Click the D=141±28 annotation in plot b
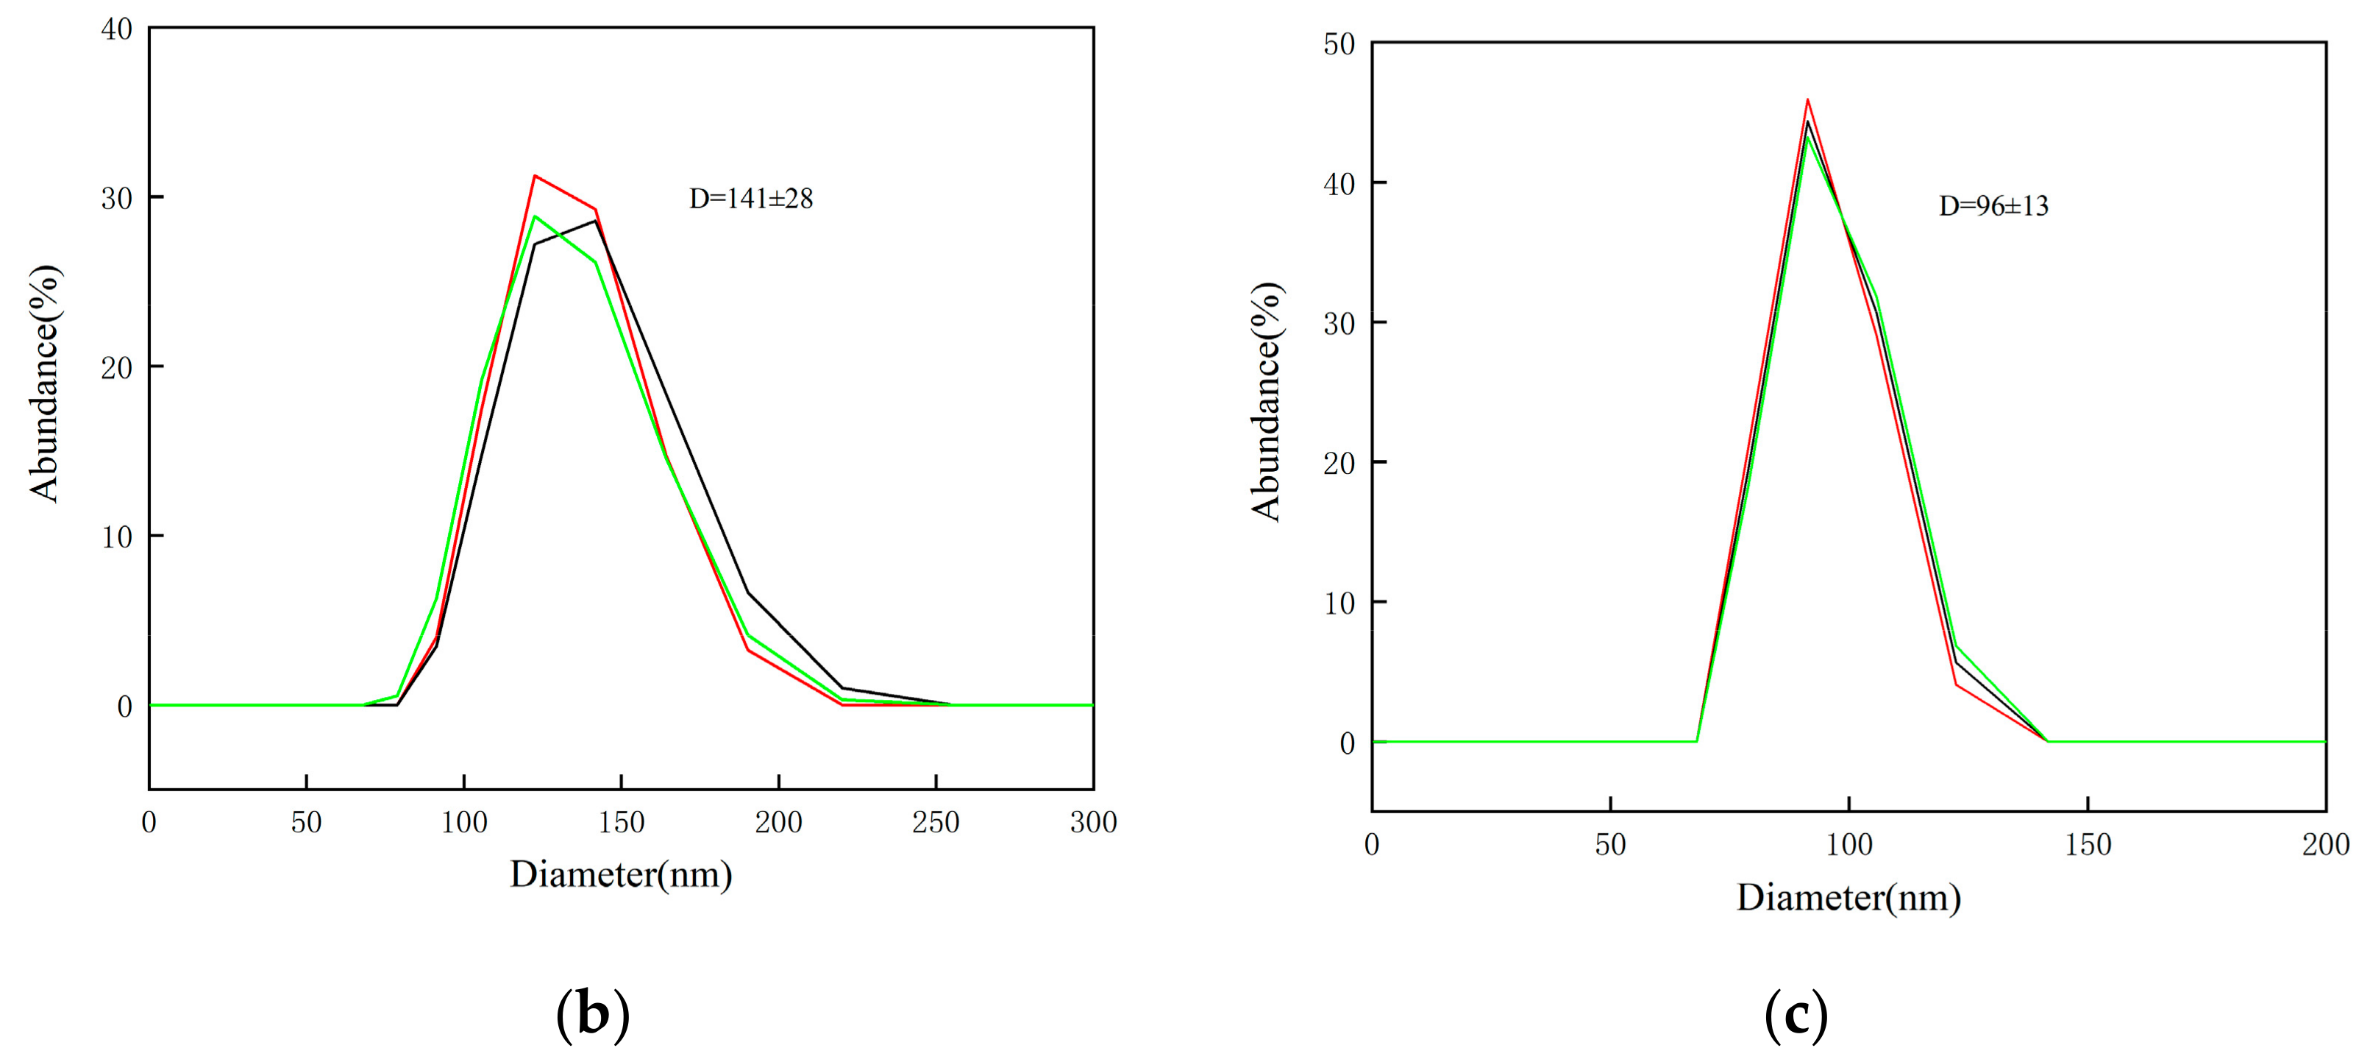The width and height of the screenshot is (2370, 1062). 751,199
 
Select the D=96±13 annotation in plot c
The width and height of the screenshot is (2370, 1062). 1993,206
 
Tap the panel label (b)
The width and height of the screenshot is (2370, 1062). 593,1015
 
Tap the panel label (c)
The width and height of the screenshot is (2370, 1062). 1796,1015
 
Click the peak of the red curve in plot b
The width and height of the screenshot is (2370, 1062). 535,176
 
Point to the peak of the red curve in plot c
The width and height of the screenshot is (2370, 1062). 1808,99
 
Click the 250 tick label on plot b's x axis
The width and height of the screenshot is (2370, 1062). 936,822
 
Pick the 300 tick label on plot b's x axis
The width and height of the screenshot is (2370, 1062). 1093,822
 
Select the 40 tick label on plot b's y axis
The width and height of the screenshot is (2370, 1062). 117,29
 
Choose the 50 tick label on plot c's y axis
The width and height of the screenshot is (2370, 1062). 1339,44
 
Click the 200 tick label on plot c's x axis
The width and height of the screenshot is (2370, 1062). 2325,845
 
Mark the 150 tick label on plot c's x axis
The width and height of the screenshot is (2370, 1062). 2088,845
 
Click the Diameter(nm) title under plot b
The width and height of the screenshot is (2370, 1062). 621,874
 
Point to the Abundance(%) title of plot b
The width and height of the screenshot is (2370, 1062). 44,383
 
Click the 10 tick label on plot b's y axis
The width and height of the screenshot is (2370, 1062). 117,537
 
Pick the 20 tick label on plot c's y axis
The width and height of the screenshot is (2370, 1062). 1339,463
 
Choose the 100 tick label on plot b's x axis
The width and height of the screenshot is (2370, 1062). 463,822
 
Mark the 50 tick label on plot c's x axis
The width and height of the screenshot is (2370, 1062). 1610,845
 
